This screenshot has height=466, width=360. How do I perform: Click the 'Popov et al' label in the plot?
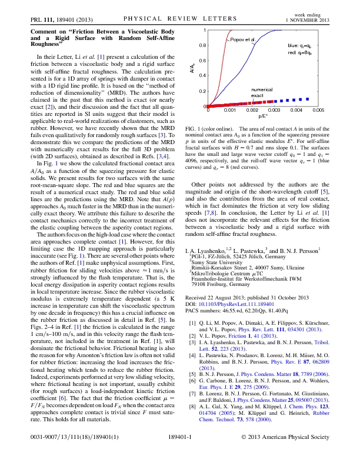coord(241,39)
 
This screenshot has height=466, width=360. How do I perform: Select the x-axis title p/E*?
coord(264,117)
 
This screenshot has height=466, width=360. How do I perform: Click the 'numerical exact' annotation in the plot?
coord(261,92)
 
